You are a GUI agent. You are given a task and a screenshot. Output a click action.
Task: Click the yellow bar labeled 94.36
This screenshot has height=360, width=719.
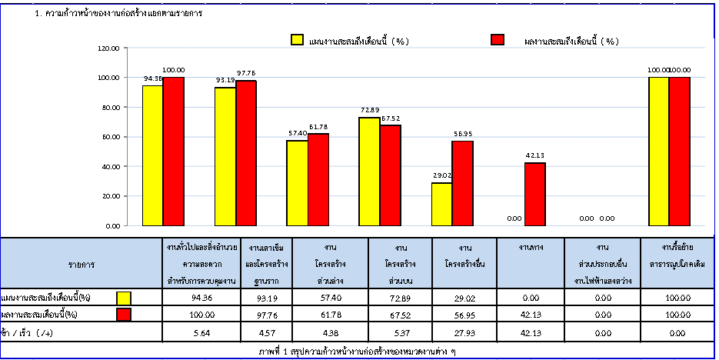pos(152,155)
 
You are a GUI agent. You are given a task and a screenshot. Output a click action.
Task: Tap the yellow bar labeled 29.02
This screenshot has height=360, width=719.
pos(441,204)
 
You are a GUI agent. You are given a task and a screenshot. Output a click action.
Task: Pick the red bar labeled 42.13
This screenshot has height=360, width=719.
pos(535,194)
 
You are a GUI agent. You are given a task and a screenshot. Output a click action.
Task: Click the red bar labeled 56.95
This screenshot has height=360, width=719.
pos(463,183)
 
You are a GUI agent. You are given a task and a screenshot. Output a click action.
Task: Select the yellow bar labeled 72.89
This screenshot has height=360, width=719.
pos(369,172)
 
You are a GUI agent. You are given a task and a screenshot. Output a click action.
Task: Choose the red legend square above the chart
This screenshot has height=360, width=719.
pos(496,41)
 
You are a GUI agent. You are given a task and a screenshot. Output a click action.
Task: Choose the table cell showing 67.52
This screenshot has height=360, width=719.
pos(401,315)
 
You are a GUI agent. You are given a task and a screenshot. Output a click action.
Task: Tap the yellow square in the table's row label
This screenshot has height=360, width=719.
pos(125,298)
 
